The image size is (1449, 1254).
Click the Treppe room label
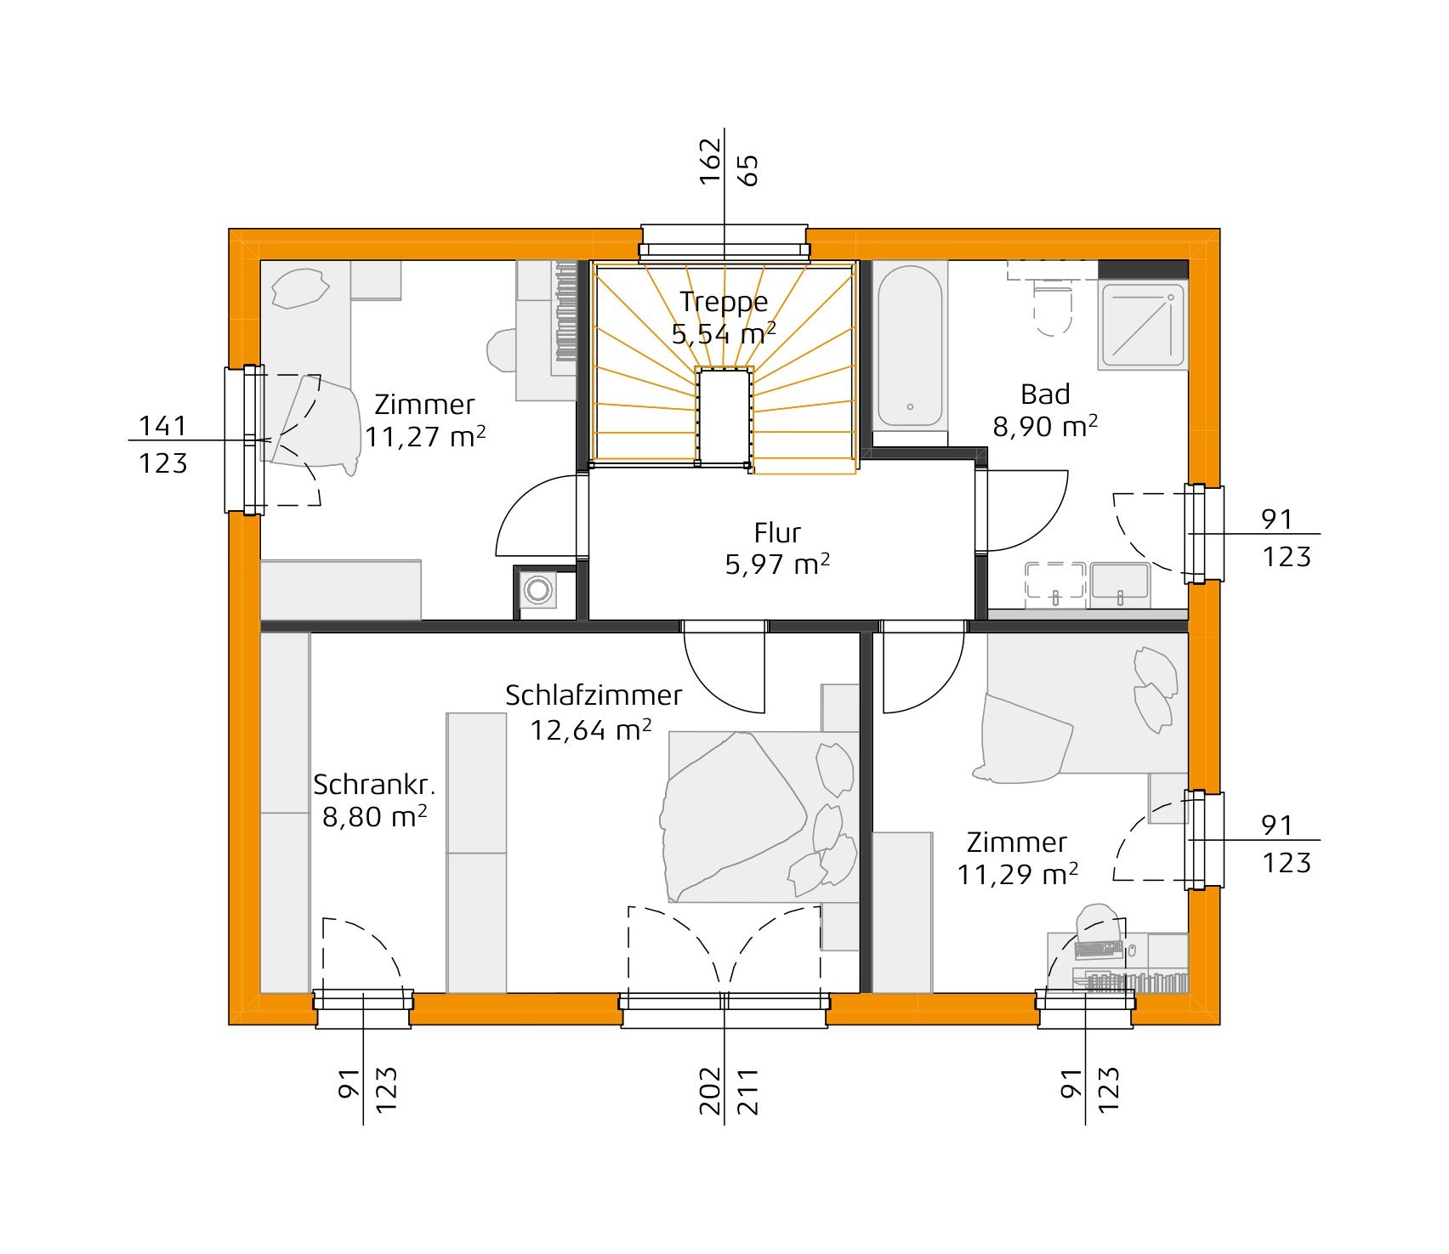[724, 302]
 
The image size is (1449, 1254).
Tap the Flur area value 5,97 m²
[776, 565]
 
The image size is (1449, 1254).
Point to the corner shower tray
[1142, 326]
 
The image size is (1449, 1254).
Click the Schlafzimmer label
[594, 695]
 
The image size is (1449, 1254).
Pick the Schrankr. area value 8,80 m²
[374, 817]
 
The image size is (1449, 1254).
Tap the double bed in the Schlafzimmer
[761, 816]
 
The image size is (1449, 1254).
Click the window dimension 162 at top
[710, 161]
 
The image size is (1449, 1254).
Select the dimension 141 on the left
[162, 425]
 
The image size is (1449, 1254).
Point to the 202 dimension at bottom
[710, 1092]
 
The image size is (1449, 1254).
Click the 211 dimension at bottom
[747, 1092]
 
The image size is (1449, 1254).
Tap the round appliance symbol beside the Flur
[537, 589]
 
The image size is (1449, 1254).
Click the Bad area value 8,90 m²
[1044, 426]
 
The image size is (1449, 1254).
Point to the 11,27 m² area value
[425, 437]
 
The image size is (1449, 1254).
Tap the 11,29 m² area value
[1017, 875]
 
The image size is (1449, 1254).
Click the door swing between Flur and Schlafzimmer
[725, 668]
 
